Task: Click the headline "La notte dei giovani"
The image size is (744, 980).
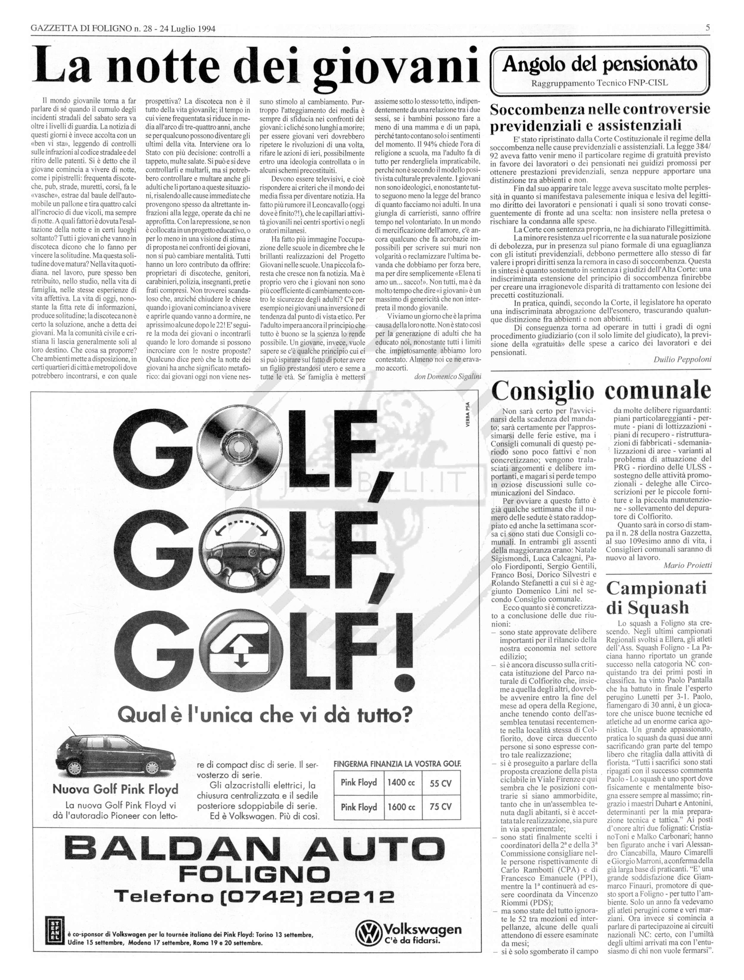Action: (257, 66)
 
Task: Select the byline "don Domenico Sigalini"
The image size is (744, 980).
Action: (447, 376)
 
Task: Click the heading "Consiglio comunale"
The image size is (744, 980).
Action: (601, 391)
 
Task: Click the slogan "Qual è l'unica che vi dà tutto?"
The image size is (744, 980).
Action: (264, 714)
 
